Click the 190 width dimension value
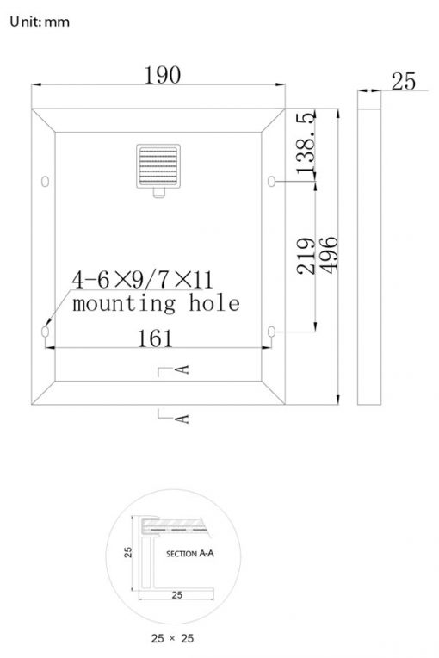pos(163,75)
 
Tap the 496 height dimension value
pos(329,255)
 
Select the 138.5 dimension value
pos(306,142)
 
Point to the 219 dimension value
pos(306,256)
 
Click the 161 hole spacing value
pos(155,338)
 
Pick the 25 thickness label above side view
pos(404,82)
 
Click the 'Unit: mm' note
pos(40,22)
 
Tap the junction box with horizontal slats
pos(158,166)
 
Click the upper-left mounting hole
pos(46,181)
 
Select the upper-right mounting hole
pos(271,181)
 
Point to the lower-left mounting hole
pos(46,332)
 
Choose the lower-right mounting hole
pos(271,332)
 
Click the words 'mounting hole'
pos(156,303)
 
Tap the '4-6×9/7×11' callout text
pos(142,280)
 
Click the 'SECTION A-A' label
pos(190,554)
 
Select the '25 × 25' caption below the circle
pos(172,638)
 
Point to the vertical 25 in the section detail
pos(128,552)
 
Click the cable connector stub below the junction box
pos(158,193)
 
